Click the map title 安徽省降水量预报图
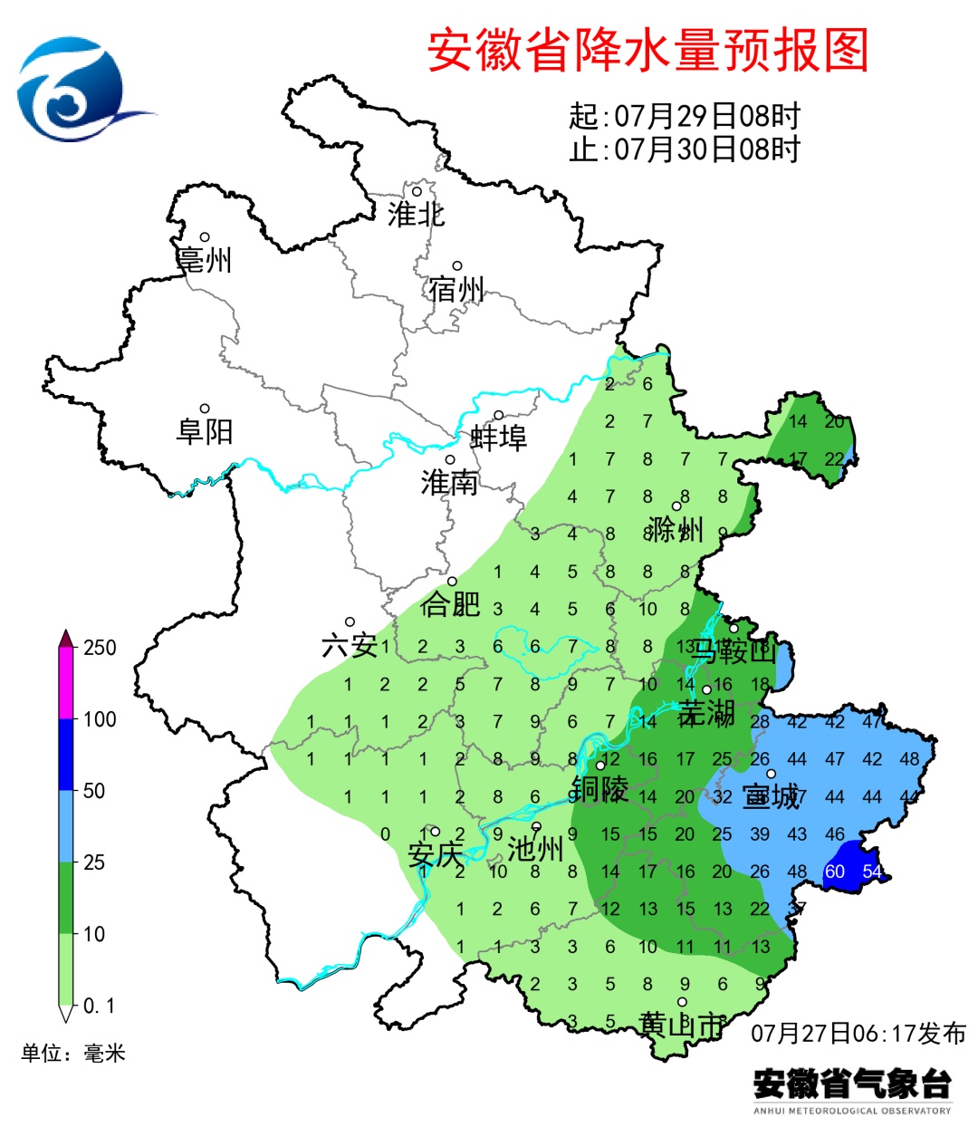[647, 50]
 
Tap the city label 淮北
[416, 214]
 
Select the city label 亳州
[205, 260]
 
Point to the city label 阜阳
[205, 431]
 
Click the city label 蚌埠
[498, 438]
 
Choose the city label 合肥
[450, 603]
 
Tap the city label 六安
[350, 645]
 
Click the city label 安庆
[435, 853]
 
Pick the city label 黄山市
[682, 1025]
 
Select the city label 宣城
[771, 796]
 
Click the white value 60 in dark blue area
[834, 872]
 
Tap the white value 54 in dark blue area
[871, 872]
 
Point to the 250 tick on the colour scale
[100, 648]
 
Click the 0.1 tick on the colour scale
[99, 1006]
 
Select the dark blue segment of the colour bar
[66, 755]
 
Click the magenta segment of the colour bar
[66, 684]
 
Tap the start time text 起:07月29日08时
[685, 116]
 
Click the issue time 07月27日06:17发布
[858, 1033]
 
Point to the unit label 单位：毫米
[73, 1053]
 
